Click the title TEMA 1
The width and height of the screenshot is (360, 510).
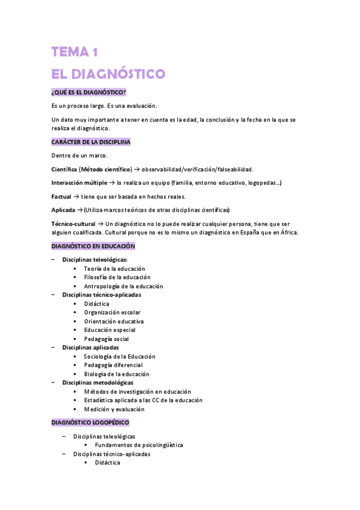(75, 52)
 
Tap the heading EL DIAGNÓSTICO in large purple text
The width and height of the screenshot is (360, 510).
(108, 74)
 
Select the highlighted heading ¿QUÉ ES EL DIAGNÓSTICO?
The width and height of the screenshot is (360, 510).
(88, 92)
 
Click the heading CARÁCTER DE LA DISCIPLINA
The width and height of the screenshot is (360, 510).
(91, 142)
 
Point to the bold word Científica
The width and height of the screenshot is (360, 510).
(64, 170)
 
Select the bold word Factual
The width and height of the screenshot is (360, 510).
(61, 196)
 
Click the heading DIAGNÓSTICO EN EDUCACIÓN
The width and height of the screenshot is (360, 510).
(93, 247)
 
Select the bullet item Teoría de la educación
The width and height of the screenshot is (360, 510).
(114, 268)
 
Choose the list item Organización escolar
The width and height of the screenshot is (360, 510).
(112, 312)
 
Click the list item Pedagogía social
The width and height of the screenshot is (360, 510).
(106, 339)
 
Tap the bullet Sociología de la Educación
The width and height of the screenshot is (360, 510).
(119, 356)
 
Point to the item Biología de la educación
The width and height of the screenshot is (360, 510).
(117, 373)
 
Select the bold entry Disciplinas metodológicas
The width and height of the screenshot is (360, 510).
(97, 382)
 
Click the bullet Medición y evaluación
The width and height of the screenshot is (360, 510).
(114, 409)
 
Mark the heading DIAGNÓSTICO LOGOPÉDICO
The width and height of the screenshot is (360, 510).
(90, 423)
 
